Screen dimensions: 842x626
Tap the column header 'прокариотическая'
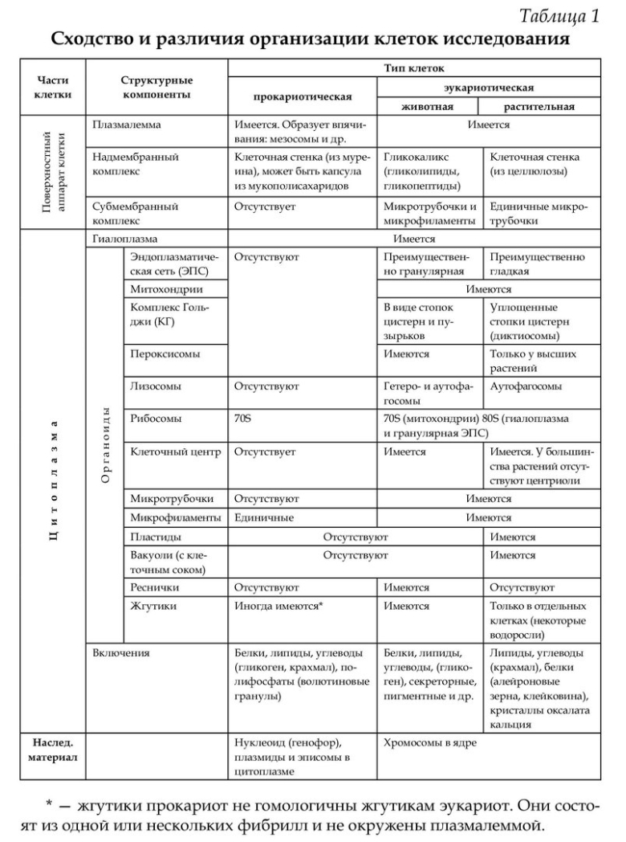tap(303, 98)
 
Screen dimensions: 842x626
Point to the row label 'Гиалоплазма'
tap(124, 239)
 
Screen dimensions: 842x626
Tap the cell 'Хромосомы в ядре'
tap(430, 743)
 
